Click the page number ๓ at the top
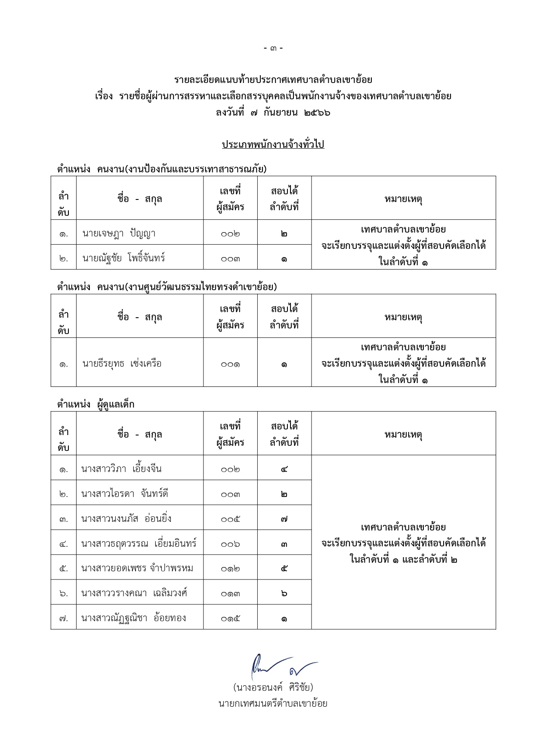click(273, 48)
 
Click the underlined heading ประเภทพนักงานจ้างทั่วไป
click(273, 144)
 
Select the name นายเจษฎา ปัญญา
click(119, 233)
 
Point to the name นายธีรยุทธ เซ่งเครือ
click(122, 364)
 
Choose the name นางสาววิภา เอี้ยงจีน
click(121, 469)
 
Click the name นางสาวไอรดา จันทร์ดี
click(124, 493)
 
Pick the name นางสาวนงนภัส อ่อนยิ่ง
click(126, 518)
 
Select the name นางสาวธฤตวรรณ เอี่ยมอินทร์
click(139, 543)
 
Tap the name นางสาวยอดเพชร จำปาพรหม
click(137, 568)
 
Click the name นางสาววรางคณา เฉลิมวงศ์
click(134, 593)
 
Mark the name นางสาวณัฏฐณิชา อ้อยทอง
click(133, 618)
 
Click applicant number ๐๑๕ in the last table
click(230, 619)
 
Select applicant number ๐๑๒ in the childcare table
click(230, 569)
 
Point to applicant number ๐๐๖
click(230, 544)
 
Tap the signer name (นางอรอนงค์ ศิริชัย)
click(273, 687)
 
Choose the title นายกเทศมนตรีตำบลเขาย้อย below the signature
click(273, 704)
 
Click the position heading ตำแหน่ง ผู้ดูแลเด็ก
click(96, 405)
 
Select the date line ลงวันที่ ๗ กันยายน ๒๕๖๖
click(273, 113)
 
